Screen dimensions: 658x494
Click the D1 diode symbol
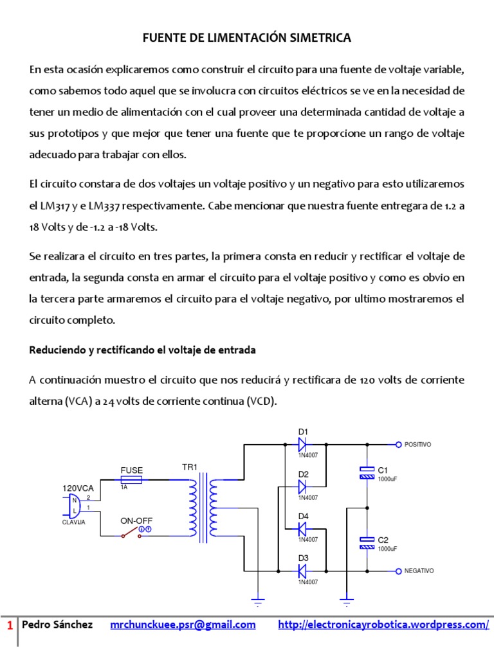click(x=303, y=444)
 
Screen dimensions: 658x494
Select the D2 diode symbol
click(x=303, y=487)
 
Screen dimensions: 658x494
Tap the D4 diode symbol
click(x=303, y=529)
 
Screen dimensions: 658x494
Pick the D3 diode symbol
click(x=303, y=571)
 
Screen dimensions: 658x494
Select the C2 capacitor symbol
click(x=367, y=543)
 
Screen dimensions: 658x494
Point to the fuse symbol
click(x=132, y=479)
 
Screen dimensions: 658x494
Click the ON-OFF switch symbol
click(x=131, y=532)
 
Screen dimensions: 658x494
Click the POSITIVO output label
click(x=417, y=445)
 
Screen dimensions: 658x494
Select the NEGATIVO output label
click(x=419, y=571)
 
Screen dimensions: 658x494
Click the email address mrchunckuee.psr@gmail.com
click(x=183, y=625)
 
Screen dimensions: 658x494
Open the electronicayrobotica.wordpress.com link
click(x=383, y=625)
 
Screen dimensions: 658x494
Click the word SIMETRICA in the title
click(x=320, y=39)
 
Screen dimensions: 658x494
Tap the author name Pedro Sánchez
click(x=57, y=625)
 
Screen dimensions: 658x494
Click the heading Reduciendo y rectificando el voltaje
click(x=143, y=350)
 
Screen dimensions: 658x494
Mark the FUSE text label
click(x=131, y=470)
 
